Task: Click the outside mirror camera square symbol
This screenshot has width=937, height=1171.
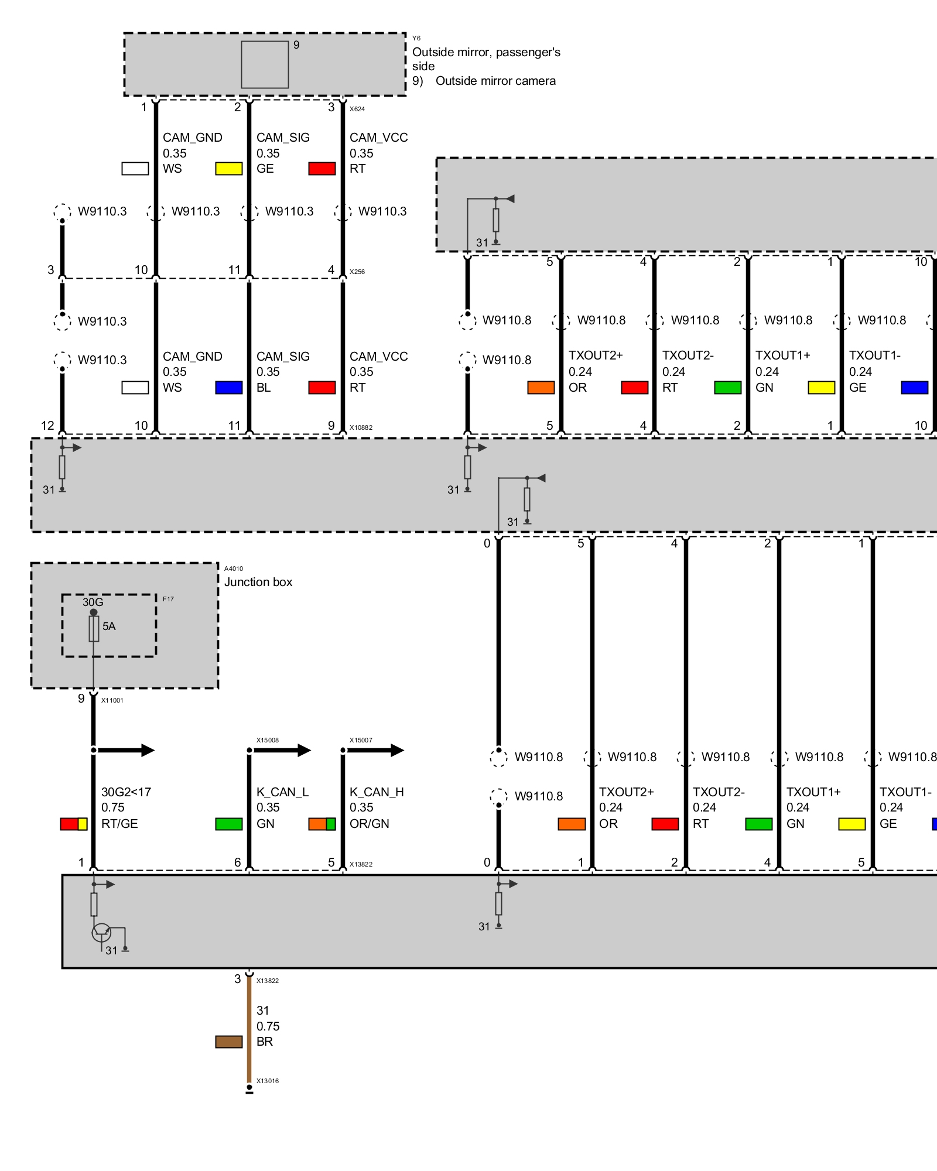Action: [265, 64]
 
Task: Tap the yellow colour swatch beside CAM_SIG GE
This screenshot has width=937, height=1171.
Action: [229, 169]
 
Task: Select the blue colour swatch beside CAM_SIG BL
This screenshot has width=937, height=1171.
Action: [229, 388]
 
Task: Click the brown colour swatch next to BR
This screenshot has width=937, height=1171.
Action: [229, 1042]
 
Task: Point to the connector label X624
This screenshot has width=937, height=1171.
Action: [357, 109]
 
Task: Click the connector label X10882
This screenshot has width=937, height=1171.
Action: [361, 427]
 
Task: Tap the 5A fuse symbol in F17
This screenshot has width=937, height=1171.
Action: [94, 629]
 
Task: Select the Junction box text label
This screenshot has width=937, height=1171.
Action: [258, 582]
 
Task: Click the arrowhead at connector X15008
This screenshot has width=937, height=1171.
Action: [304, 750]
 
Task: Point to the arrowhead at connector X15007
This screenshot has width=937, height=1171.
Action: [397, 750]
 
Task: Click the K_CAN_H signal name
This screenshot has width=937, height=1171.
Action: [377, 792]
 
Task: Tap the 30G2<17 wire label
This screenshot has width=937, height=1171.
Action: [126, 792]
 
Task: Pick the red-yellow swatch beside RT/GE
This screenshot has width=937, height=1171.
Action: [74, 824]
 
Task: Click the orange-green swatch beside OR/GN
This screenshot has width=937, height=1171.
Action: [322, 824]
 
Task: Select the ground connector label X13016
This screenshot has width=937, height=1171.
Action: [268, 1081]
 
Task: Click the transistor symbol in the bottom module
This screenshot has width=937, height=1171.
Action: [101, 932]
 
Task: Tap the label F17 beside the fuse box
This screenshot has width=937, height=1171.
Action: [168, 599]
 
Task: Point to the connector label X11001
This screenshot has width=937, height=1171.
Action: [112, 700]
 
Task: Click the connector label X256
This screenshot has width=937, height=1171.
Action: [357, 272]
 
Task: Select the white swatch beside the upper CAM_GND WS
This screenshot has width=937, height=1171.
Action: [135, 169]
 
